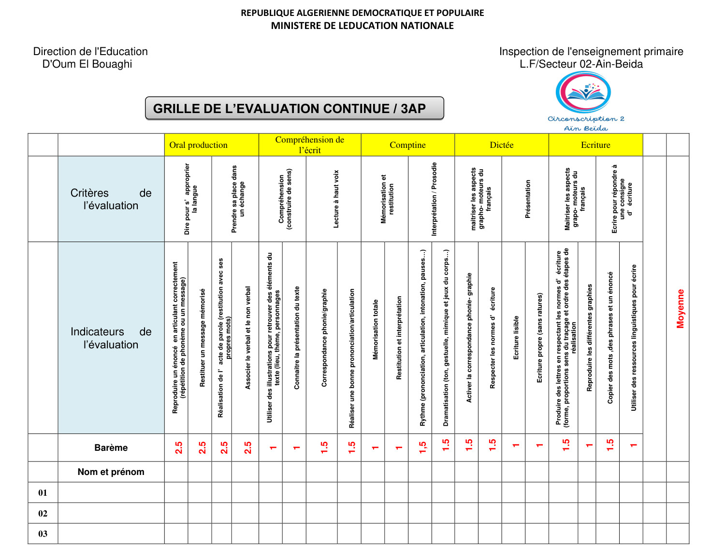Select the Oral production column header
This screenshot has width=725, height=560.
click(199, 145)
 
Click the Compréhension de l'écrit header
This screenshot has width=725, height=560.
click(310, 145)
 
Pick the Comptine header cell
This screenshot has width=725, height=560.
click(407, 145)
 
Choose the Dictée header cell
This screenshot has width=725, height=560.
click(501, 145)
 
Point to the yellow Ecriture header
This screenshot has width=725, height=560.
click(595, 145)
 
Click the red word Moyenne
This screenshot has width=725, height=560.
click(681, 309)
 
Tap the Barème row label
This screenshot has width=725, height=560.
click(111, 448)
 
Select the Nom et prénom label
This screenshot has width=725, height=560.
click(111, 472)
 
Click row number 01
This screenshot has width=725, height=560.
click(43, 493)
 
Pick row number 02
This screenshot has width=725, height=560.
click(43, 514)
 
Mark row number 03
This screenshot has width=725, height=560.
click(43, 534)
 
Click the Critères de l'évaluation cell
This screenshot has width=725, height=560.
click(111, 199)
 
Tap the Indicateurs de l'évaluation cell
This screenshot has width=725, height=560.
click(111, 338)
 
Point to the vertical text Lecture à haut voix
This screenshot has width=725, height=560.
click(336, 199)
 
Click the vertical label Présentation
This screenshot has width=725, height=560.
click(528, 199)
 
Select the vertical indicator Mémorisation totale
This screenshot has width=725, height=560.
click(376, 330)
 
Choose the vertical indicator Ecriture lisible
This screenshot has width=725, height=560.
click(516, 337)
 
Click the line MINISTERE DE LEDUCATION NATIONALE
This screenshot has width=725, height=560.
click(362, 26)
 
